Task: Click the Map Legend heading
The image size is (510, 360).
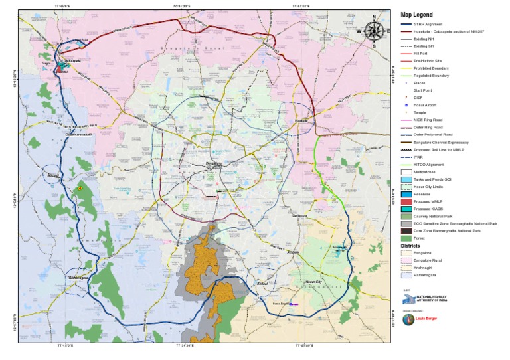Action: [416, 15]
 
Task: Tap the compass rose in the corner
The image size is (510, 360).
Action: [374, 30]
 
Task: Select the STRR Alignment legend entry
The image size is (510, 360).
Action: [425, 25]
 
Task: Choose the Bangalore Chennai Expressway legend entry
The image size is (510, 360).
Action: [441, 142]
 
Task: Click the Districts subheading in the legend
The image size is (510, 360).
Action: [410, 246]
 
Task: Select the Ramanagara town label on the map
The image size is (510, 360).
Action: [78, 277]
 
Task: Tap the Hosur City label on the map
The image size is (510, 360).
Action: [313, 282]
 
